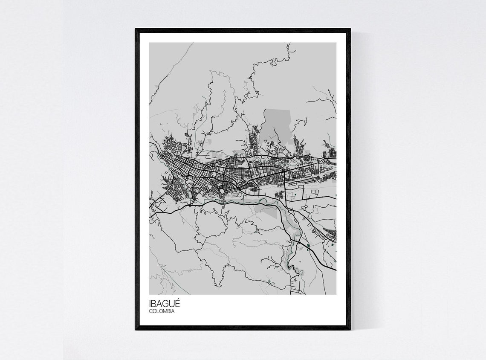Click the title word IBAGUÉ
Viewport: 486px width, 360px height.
coord(165,304)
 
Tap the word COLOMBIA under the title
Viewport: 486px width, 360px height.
coord(162,311)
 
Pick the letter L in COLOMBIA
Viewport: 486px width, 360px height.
coord(158,311)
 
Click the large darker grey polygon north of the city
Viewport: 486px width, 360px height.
coord(275,124)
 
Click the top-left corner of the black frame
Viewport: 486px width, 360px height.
coord(136,29)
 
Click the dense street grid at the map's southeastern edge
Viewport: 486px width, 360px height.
coord(330,234)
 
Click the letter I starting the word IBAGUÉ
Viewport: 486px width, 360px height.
coord(150,304)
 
